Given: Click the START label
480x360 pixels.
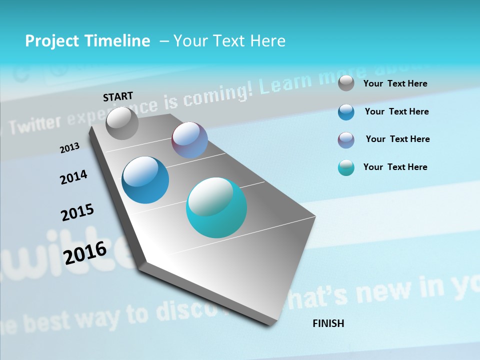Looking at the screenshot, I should click(x=118, y=96).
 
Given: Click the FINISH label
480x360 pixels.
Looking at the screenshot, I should click(x=328, y=323).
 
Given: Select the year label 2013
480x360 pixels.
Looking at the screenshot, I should click(x=69, y=148).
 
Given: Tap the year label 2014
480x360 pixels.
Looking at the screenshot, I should click(x=73, y=177).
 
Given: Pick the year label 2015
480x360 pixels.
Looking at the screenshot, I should click(x=77, y=212).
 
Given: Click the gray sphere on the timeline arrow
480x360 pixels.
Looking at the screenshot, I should click(x=122, y=123).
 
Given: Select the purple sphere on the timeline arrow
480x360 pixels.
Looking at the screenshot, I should click(x=189, y=140).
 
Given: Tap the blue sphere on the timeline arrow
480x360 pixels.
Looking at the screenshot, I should click(x=145, y=180).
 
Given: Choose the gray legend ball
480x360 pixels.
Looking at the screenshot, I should click(x=346, y=83).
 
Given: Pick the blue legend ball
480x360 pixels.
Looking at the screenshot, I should click(x=346, y=112).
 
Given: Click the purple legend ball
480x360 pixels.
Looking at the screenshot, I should click(x=346, y=139).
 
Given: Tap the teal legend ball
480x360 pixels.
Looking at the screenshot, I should click(x=346, y=167).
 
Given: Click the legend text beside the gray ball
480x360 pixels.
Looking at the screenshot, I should click(x=395, y=83).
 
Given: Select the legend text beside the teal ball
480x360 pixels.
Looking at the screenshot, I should click(x=395, y=167).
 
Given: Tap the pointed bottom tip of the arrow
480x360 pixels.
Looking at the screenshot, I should click(x=270, y=323).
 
